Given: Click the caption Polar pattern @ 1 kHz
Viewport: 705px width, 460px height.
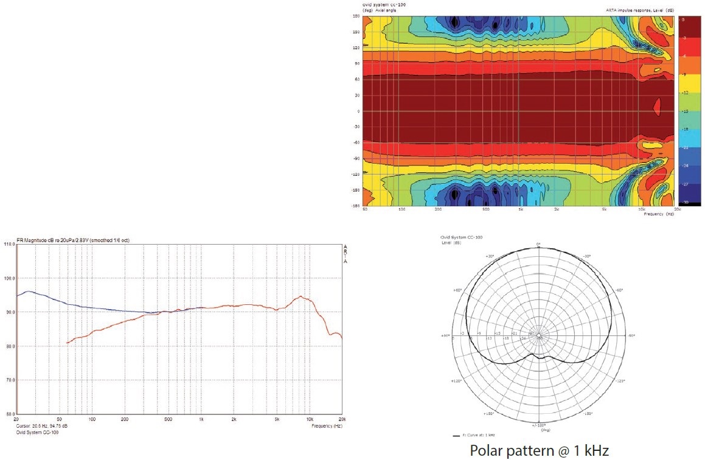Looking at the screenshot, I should pyautogui.click(x=539, y=450).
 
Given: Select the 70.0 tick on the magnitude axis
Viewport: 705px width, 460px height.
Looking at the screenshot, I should pyautogui.click(x=9, y=380).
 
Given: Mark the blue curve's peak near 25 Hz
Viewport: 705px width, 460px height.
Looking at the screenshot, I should pyautogui.click(x=27, y=291).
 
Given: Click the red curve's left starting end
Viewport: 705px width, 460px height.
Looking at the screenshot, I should pyautogui.click(x=68, y=343).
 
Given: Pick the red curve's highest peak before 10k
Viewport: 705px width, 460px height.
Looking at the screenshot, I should pyautogui.click(x=300, y=297).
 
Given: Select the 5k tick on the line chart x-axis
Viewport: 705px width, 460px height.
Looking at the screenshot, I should pyautogui.click(x=277, y=420).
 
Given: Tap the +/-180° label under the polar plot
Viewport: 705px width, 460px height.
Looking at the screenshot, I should pyautogui.click(x=539, y=425).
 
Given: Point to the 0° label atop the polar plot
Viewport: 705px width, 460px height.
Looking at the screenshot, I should pyautogui.click(x=538, y=244).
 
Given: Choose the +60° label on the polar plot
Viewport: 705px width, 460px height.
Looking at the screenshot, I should pyautogui.click(x=457, y=290).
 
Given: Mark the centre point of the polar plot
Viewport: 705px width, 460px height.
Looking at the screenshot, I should pyautogui.click(x=539, y=335).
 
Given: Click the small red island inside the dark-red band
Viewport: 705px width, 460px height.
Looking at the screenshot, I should pyautogui.click(x=656, y=107).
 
